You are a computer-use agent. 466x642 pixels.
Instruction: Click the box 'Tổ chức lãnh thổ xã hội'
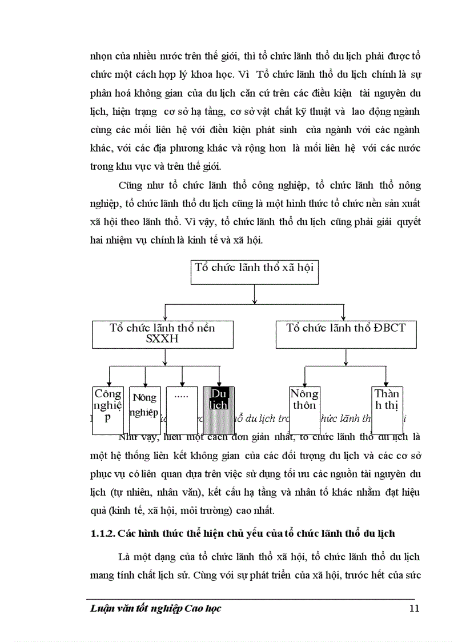tap(254, 272)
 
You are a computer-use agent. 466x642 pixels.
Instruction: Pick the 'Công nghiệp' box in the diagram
tap(108, 407)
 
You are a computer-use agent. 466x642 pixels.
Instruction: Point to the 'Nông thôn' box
tap(304, 407)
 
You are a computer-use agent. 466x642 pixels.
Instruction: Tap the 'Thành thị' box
tap(387, 407)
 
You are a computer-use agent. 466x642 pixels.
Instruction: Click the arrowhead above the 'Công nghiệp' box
tap(109, 384)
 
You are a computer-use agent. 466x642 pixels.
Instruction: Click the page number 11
tap(415, 608)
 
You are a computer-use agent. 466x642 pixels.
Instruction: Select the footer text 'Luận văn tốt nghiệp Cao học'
tap(156, 608)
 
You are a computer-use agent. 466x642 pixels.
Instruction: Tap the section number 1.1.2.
tap(103, 533)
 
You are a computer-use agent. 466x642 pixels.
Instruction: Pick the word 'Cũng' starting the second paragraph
tap(130, 186)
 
